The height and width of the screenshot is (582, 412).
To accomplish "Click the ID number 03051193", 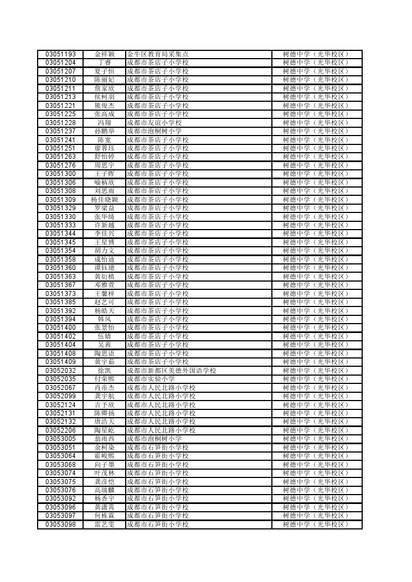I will click(60, 54).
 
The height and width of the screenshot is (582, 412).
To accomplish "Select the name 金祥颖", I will click(104, 54).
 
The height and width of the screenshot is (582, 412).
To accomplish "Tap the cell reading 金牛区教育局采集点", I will click(158, 54).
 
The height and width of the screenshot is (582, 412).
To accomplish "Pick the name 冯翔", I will click(104, 123).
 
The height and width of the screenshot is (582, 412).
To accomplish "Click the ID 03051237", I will click(60, 131).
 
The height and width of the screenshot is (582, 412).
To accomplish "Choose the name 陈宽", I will click(104, 140).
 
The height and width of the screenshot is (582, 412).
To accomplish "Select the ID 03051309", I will click(60, 200).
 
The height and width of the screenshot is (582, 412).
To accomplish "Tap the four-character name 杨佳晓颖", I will click(104, 200).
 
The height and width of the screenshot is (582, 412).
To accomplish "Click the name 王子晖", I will click(104, 174).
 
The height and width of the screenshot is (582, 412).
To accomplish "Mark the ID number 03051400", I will click(60, 328).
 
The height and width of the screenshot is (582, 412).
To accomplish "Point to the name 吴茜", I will click(104, 345).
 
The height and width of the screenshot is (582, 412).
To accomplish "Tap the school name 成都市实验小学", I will click(151, 379).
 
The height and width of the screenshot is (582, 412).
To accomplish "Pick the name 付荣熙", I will click(104, 379).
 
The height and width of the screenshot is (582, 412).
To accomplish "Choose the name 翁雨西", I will click(104, 439).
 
